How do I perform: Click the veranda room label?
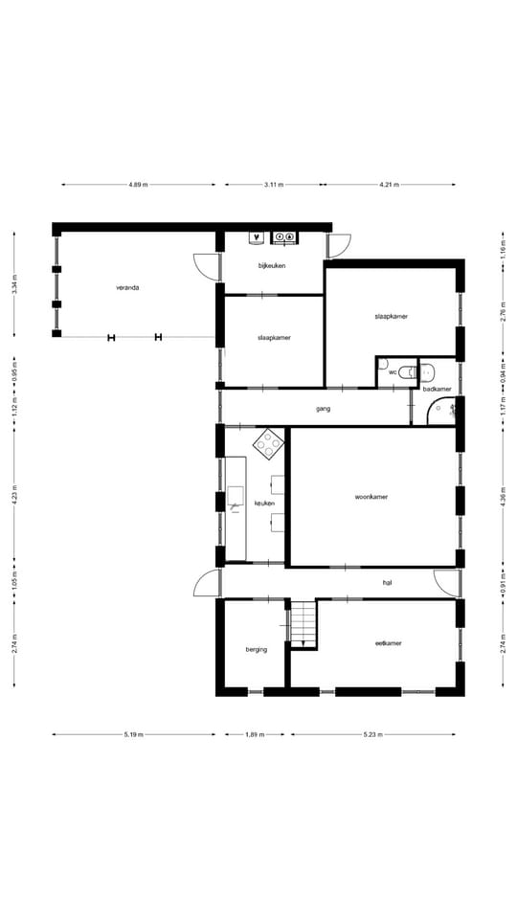click(127, 286)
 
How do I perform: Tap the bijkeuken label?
click(272, 264)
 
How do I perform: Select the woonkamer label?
click(371, 497)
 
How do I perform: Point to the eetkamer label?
click(388, 643)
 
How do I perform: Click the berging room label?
click(256, 649)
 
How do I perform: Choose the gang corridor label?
click(323, 409)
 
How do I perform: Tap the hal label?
click(388, 582)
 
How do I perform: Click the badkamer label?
click(437, 390)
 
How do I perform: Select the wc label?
click(393, 371)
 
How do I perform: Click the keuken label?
click(265, 503)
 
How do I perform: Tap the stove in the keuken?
click(269, 442)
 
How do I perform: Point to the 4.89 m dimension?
click(138, 185)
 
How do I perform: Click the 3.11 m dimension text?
click(274, 185)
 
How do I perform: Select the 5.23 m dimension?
click(372, 735)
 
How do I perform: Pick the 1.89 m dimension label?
click(256, 735)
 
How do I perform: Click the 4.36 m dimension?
click(504, 497)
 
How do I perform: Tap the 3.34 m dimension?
click(14, 285)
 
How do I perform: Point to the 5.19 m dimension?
click(133, 735)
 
